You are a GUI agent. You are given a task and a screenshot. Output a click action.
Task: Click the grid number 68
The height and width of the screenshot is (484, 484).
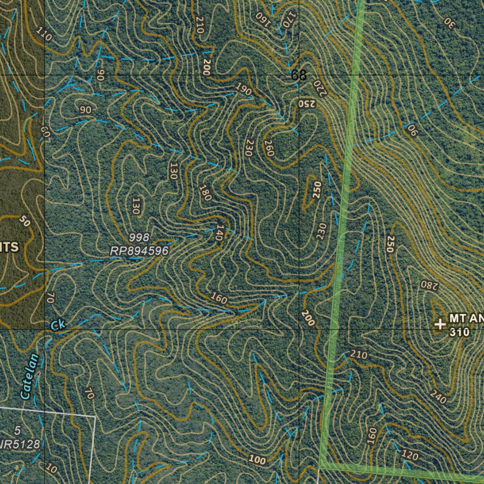pyautogui.click(x=299, y=75)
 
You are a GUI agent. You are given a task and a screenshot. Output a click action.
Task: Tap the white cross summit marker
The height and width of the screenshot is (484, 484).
pyautogui.click(x=440, y=324)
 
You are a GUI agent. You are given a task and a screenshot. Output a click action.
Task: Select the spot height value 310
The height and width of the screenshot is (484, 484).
pyautogui.click(x=459, y=332)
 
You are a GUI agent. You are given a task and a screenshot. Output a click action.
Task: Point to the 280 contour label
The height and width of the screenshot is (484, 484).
pyautogui.click(x=430, y=285)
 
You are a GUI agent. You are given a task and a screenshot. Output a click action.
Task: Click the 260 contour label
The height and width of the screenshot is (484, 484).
pyautogui.click(x=269, y=148)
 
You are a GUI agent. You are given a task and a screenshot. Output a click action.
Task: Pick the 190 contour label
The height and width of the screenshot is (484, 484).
pyautogui.click(x=243, y=89)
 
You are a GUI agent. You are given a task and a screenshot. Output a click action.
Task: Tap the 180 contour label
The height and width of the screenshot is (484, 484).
pyautogui.click(x=205, y=193)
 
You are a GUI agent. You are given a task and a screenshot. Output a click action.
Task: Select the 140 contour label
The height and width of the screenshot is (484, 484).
pyautogui.click(x=218, y=233)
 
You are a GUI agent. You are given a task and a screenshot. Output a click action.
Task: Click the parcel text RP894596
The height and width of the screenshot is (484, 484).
pyautogui.click(x=139, y=251)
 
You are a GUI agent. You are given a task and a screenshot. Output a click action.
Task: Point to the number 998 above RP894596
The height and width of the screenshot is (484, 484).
pyautogui.click(x=139, y=237)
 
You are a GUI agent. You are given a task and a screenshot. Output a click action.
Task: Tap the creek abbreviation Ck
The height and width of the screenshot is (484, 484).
pyautogui.click(x=58, y=325)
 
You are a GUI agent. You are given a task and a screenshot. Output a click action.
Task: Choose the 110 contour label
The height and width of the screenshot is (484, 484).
pyautogui.click(x=44, y=34)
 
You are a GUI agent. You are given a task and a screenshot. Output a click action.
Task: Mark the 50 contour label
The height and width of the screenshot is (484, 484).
pyautogui.click(x=26, y=221)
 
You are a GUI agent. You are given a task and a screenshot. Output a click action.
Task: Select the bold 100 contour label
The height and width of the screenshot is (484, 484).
pyautogui.click(x=257, y=460)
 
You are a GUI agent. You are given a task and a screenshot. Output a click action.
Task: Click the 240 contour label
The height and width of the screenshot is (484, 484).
pyautogui.click(x=438, y=398)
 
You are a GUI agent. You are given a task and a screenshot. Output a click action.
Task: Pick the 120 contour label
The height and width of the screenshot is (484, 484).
pyautogui.click(x=410, y=456)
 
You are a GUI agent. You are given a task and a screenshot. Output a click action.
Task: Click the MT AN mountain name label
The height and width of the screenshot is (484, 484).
pyautogui.click(x=466, y=318)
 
